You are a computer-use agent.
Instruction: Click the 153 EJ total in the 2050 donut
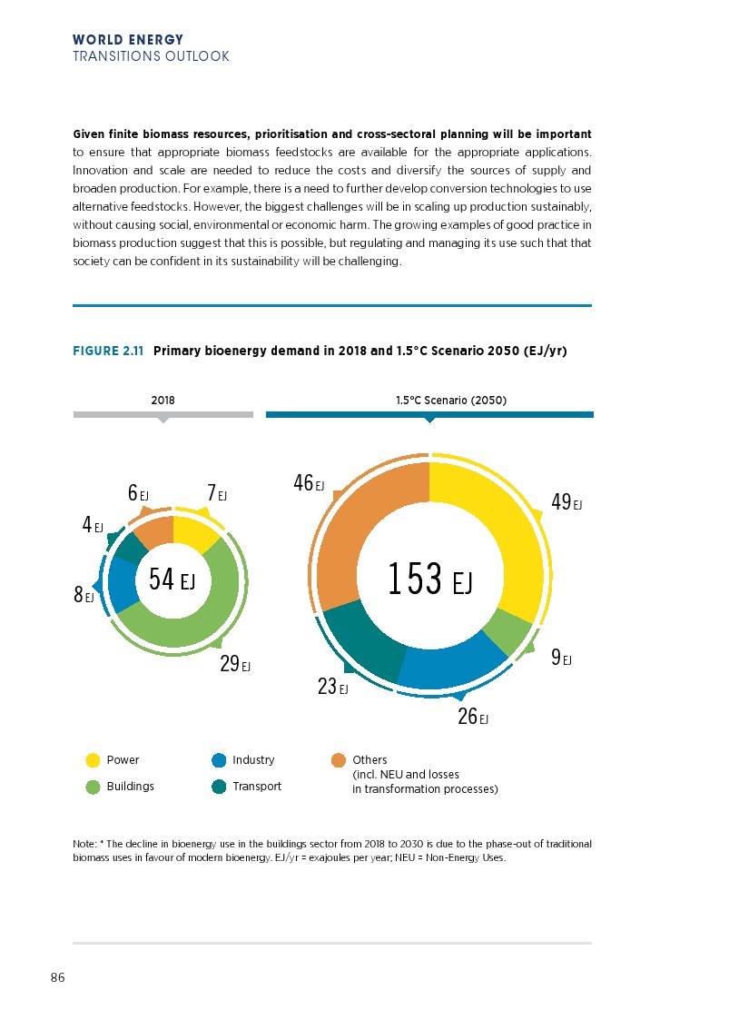point(429,579)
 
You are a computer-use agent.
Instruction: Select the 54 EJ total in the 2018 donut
point(172,579)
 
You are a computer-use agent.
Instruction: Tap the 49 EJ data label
point(566,502)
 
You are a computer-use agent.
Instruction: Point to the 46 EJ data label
point(309,483)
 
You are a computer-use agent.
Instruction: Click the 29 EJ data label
point(235,664)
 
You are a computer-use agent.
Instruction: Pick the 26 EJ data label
point(473,717)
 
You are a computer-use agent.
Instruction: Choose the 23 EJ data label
point(333,688)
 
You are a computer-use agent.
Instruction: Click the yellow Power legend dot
point(93,760)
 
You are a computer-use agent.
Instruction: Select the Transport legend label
point(257,787)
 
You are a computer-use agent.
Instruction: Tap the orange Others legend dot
point(339,760)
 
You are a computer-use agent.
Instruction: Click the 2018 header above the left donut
point(163,400)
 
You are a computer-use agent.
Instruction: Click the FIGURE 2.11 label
point(108,351)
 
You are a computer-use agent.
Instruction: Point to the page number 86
point(57,978)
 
